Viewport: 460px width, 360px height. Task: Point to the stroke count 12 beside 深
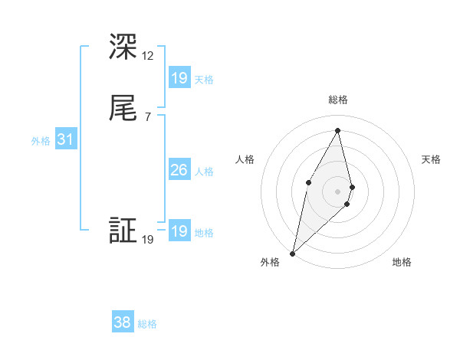click(148, 56)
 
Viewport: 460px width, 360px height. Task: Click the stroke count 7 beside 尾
click(147, 116)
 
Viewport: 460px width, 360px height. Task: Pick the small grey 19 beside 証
click(148, 240)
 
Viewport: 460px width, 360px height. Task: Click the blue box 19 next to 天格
click(179, 78)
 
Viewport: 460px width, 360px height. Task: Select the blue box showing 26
click(179, 170)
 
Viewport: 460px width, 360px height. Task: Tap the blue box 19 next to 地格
click(179, 231)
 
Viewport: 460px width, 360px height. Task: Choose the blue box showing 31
click(65, 139)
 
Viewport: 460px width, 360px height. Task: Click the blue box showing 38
click(123, 323)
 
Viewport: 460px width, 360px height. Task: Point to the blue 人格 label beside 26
click(204, 172)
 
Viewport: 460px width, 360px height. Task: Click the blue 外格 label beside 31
click(40, 141)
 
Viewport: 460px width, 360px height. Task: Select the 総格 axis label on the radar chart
click(338, 100)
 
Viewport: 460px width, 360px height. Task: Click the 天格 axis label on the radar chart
click(432, 159)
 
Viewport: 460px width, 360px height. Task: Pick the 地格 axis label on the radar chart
click(402, 262)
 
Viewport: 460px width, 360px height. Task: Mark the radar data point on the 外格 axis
click(292, 253)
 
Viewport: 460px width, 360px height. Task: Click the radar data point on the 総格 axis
click(338, 130)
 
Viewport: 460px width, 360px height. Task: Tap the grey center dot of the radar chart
click(338, 191)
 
